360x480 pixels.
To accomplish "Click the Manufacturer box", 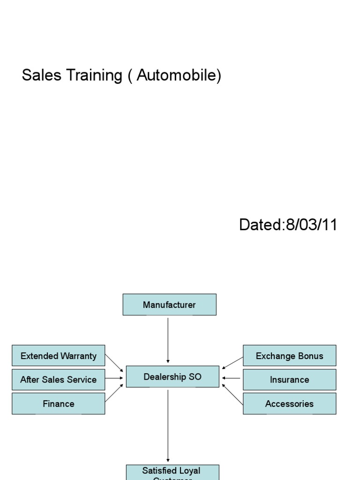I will click(x=169, y=305).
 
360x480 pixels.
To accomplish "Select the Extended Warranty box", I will click(x=59, y=356).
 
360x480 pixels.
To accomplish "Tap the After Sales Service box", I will click(x=59, y=380).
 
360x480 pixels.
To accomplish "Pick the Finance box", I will click(x=59, y=404).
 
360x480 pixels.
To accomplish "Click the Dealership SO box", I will click(x=172, y=377).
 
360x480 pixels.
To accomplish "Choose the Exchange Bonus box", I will click(x=289, y=356).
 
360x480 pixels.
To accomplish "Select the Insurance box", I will click(x=289, y=380).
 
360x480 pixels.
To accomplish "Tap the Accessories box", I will click(x=289, y=404).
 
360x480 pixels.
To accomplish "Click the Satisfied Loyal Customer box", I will click(x=172, y=472).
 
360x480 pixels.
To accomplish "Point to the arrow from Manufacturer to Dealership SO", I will click(x=168, y=340).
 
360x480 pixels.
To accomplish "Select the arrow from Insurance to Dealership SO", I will click(x=231, y=378).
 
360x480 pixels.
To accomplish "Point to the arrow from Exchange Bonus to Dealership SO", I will click(x=232, y=363).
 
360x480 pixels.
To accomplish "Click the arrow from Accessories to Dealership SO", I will click(x=232, y=394).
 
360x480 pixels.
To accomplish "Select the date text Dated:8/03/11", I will click(x=288, y=225).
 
